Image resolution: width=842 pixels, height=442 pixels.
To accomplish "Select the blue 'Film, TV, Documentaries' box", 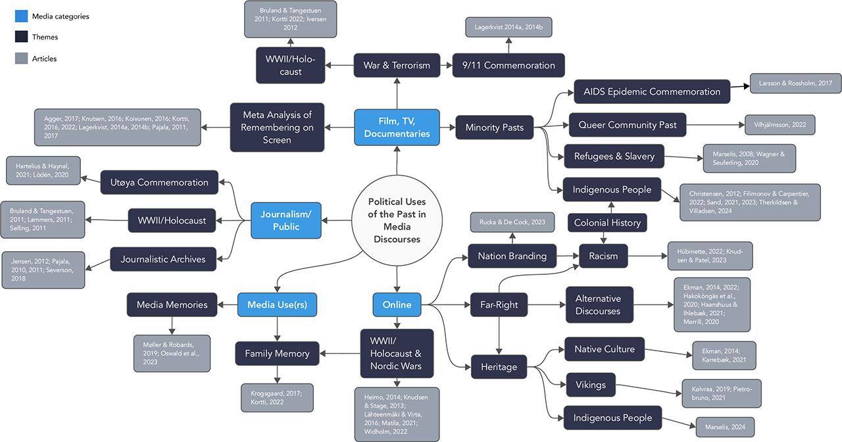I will (x=397, y=128).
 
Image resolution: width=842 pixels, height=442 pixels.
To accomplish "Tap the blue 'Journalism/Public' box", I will (x=285, y=220).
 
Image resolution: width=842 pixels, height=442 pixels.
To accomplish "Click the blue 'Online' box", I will (x=397, y=305).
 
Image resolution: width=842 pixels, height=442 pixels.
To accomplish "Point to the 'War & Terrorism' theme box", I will (x=397, y=65).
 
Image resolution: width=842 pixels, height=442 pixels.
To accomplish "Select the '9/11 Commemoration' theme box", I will (x=508, y=65).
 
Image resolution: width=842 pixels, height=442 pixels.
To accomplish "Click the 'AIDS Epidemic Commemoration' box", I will (x=651, y=91).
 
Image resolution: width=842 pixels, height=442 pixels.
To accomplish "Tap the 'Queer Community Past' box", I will (x=627, y=124).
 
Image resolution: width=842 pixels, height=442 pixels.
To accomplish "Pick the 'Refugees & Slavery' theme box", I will (x=614, y=157).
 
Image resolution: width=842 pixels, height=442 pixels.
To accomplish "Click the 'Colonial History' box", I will (x=607, y=222).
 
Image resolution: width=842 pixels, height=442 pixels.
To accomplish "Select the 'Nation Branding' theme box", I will (x=512, y=256).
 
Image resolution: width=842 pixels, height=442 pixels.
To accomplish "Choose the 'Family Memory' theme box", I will (x=277, y=353).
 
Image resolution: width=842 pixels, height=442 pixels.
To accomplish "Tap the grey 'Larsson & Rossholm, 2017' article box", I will (x=795, y=84).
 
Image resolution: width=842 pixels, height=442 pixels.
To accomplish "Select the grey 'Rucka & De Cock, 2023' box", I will (x=512, y=222).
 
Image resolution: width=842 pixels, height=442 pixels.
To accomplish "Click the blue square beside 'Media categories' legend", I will (x=21, y=16).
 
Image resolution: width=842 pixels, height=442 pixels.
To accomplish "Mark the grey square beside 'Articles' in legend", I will (x=21, y=59).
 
